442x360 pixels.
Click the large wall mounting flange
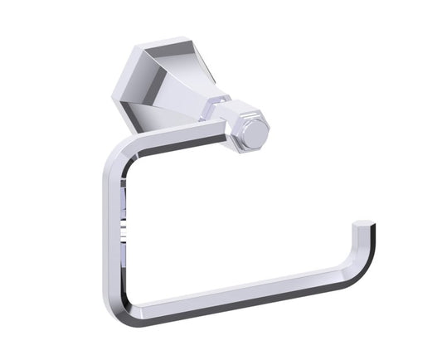(x=163, y=84)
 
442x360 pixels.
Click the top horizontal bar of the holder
(x=166, y=145)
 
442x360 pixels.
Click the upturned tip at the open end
(x=362, y=236)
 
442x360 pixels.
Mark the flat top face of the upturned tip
(x=363, y=223)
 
